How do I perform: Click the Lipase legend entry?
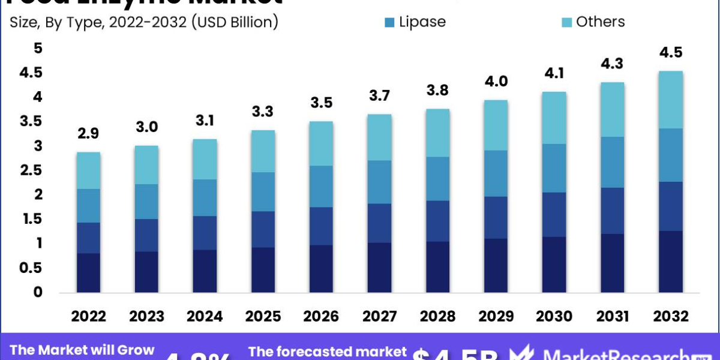click(x=415, y=22)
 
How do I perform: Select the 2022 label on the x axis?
click(x=89, y=316)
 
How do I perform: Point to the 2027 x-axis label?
click(x=380, y=316)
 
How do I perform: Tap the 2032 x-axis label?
click(x=671, y=316)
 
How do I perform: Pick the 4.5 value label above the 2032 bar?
click(x=671, y=53)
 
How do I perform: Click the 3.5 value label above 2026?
click(x=322, y=104)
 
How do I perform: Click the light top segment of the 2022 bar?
click(x=89, y=170)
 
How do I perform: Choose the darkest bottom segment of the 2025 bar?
click(x=263, y=270)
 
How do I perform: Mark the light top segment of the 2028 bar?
click(x=438, y=133)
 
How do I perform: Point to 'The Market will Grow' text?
click(x=82, y=350)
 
